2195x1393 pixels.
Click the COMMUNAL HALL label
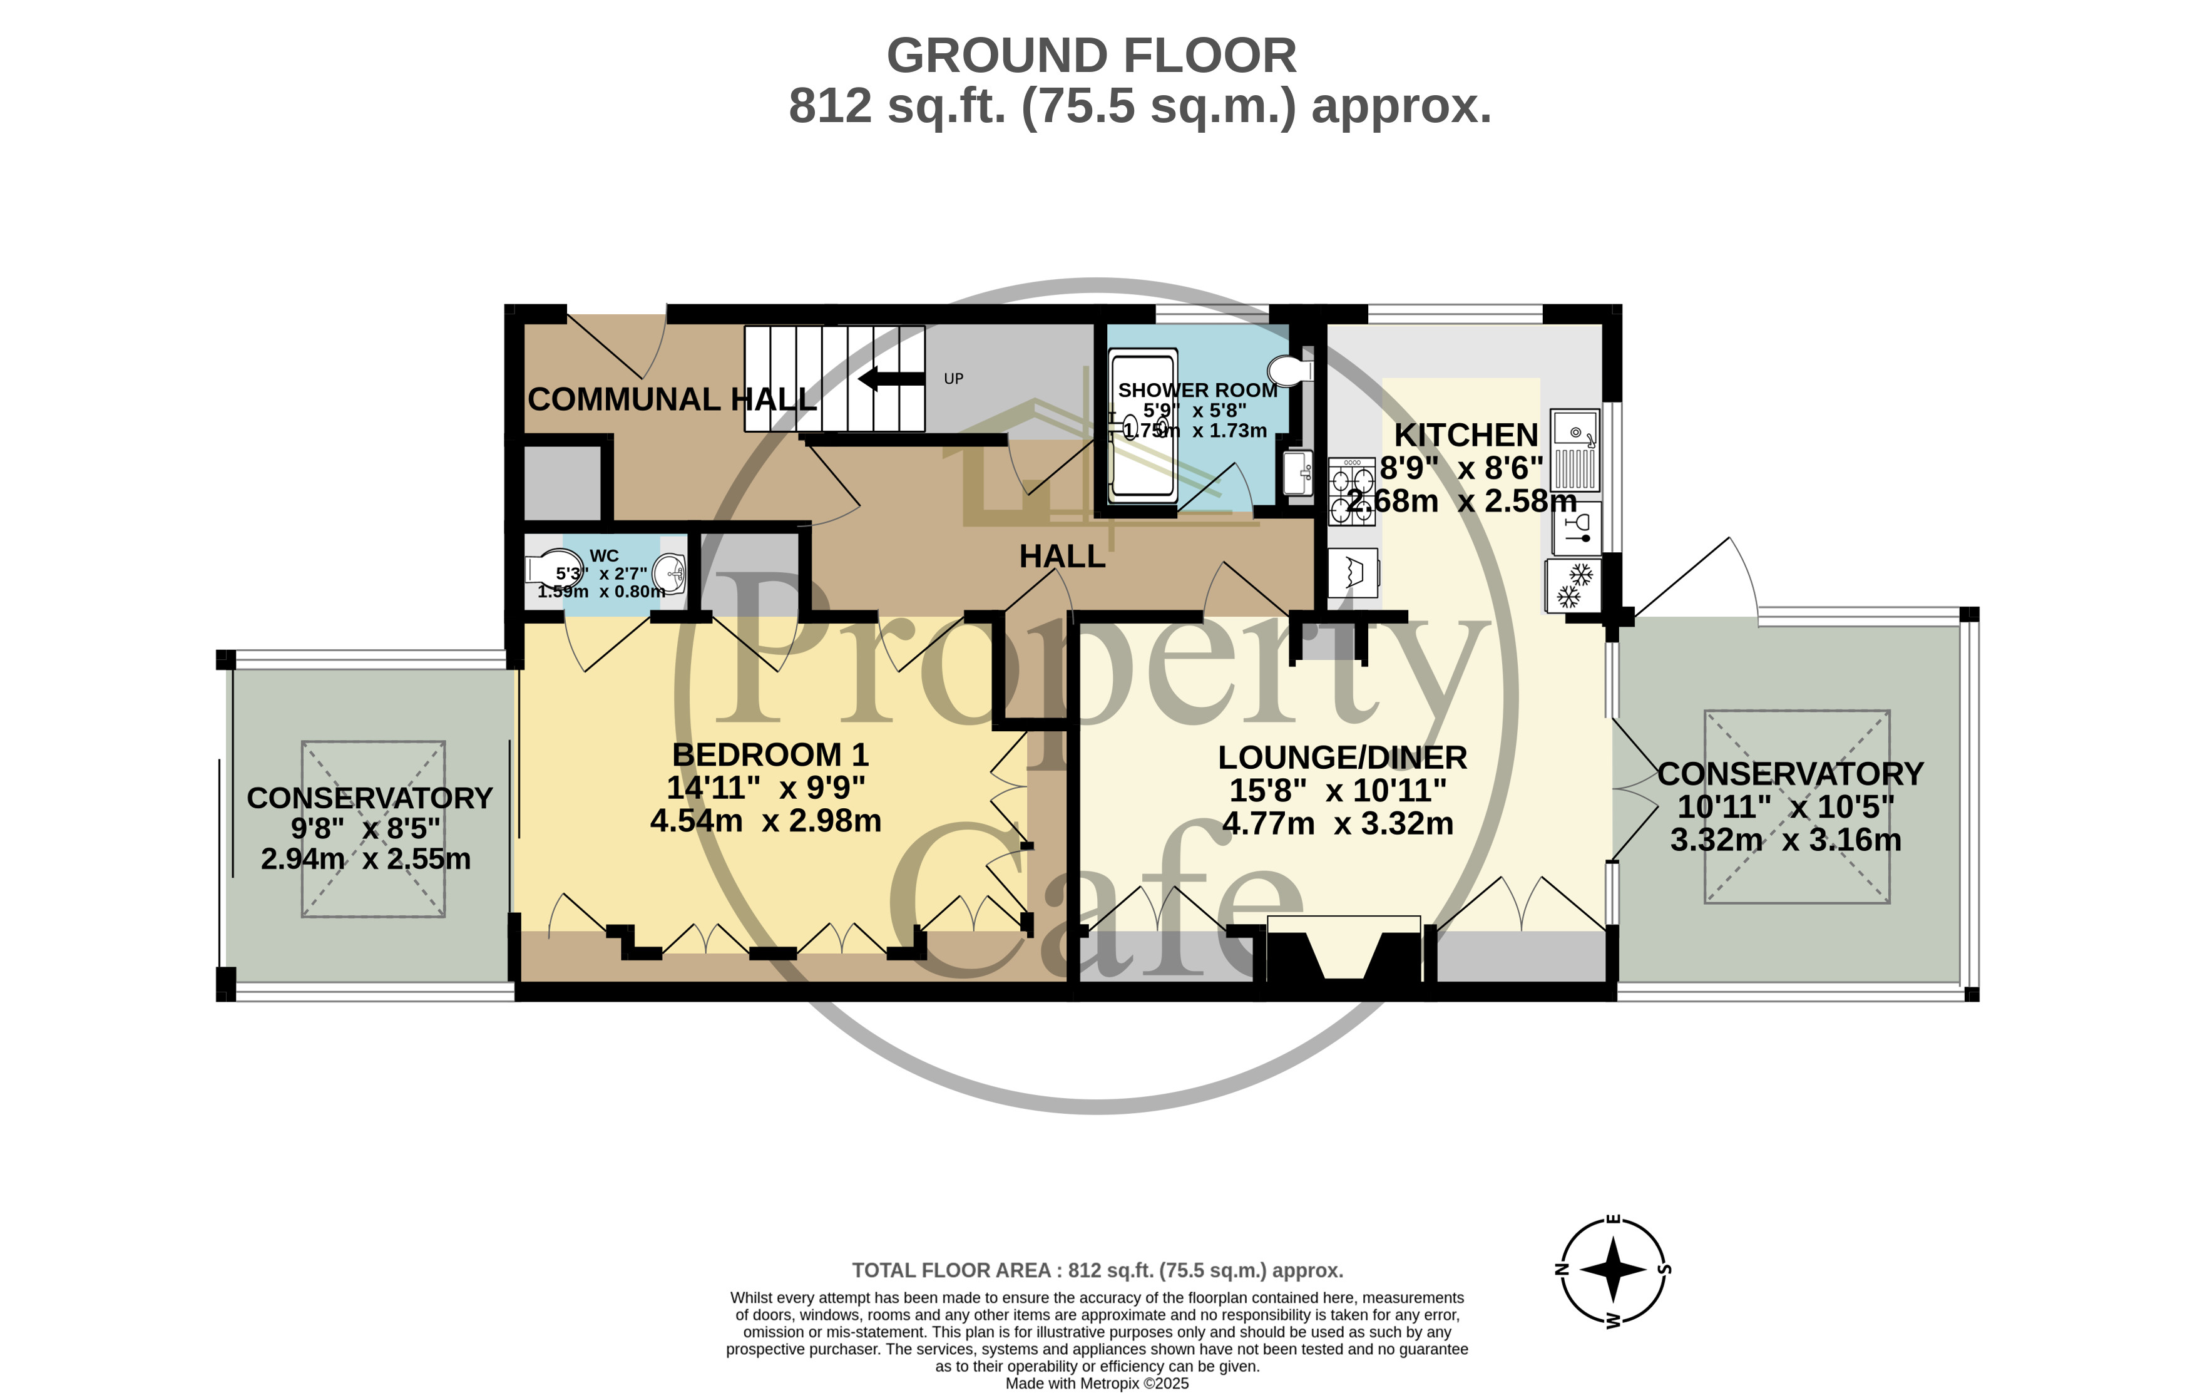click(672, 399)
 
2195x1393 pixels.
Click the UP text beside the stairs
click(953, 378)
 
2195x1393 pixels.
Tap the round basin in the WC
click(670, 573)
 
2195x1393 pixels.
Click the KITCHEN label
click(1466, 435)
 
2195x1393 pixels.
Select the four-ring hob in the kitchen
click(1352, 491)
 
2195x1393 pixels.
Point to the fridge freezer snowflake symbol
click(1574, 586)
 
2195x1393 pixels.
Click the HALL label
click(1062, 556)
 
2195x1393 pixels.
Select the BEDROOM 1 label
click(770, 755)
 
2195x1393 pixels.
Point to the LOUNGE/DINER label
click(1343, 758)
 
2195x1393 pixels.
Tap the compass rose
click(1612, 1269)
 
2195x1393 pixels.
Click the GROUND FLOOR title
click(1092, 56)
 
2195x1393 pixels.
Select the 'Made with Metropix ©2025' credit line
click(1098, 1383)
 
